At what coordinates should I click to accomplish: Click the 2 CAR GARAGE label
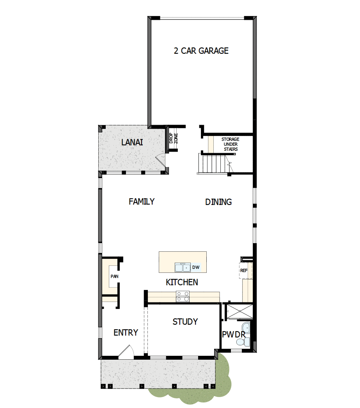click(x=201, y=51)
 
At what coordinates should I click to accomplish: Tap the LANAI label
click(x=132, y=143)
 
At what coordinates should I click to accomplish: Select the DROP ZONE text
click(x=173, y=138)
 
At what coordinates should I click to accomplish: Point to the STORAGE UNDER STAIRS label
click(x=230, y=144)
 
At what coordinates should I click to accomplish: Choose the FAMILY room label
click(x=142, y=201)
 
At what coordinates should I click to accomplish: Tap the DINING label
click(x=218, y=202)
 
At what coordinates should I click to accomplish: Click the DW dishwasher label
click(x=196, y=267)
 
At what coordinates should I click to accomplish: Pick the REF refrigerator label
click(x=244, y=270)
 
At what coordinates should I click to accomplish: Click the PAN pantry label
click(x=114, y=276)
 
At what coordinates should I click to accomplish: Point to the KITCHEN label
click(x=182, y=282)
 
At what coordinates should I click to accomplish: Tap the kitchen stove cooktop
click(x=183, y=297)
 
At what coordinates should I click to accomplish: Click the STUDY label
click(x=185, y=322)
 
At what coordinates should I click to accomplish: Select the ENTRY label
click(x=126, y=332)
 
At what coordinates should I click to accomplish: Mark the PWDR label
click(x=233, y=334)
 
